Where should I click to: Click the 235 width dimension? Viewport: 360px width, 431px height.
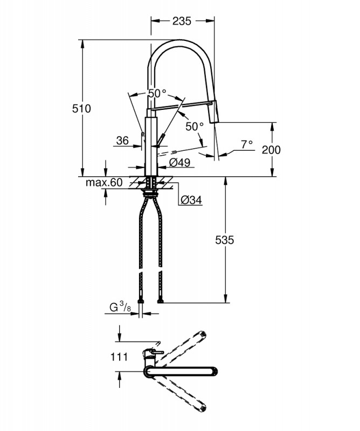click(x=182, y=21)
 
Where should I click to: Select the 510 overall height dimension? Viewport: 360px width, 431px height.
click(x=81, y=109)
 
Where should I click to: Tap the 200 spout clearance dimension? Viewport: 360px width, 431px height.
click(x=271, y=150)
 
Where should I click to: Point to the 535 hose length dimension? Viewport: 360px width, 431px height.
click(x=224, y=240)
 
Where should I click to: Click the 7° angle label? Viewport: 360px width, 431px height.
click(x=247, y=144)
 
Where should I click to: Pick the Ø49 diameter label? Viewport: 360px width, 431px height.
click(x=179, y=162)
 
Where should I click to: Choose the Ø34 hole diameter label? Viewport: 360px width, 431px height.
click(x=191, y=200)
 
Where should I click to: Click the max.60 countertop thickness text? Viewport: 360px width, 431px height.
click(x=104, y=182)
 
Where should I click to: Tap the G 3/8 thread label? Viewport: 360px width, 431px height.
click(x=120, y=307)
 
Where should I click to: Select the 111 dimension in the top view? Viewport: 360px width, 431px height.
click(x=119, y=357)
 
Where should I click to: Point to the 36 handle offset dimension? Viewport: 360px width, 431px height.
click(x=122, y=141)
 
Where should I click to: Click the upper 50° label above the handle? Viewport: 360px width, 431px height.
click(x=157, y=93)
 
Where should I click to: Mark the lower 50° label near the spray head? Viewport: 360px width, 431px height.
click(x=195, y=127)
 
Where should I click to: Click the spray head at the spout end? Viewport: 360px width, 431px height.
click(x=214, y=112)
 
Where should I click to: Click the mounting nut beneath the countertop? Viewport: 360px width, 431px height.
click(x=151, y=193)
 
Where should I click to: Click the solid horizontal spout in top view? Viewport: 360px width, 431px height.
click(x=181, y=371)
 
